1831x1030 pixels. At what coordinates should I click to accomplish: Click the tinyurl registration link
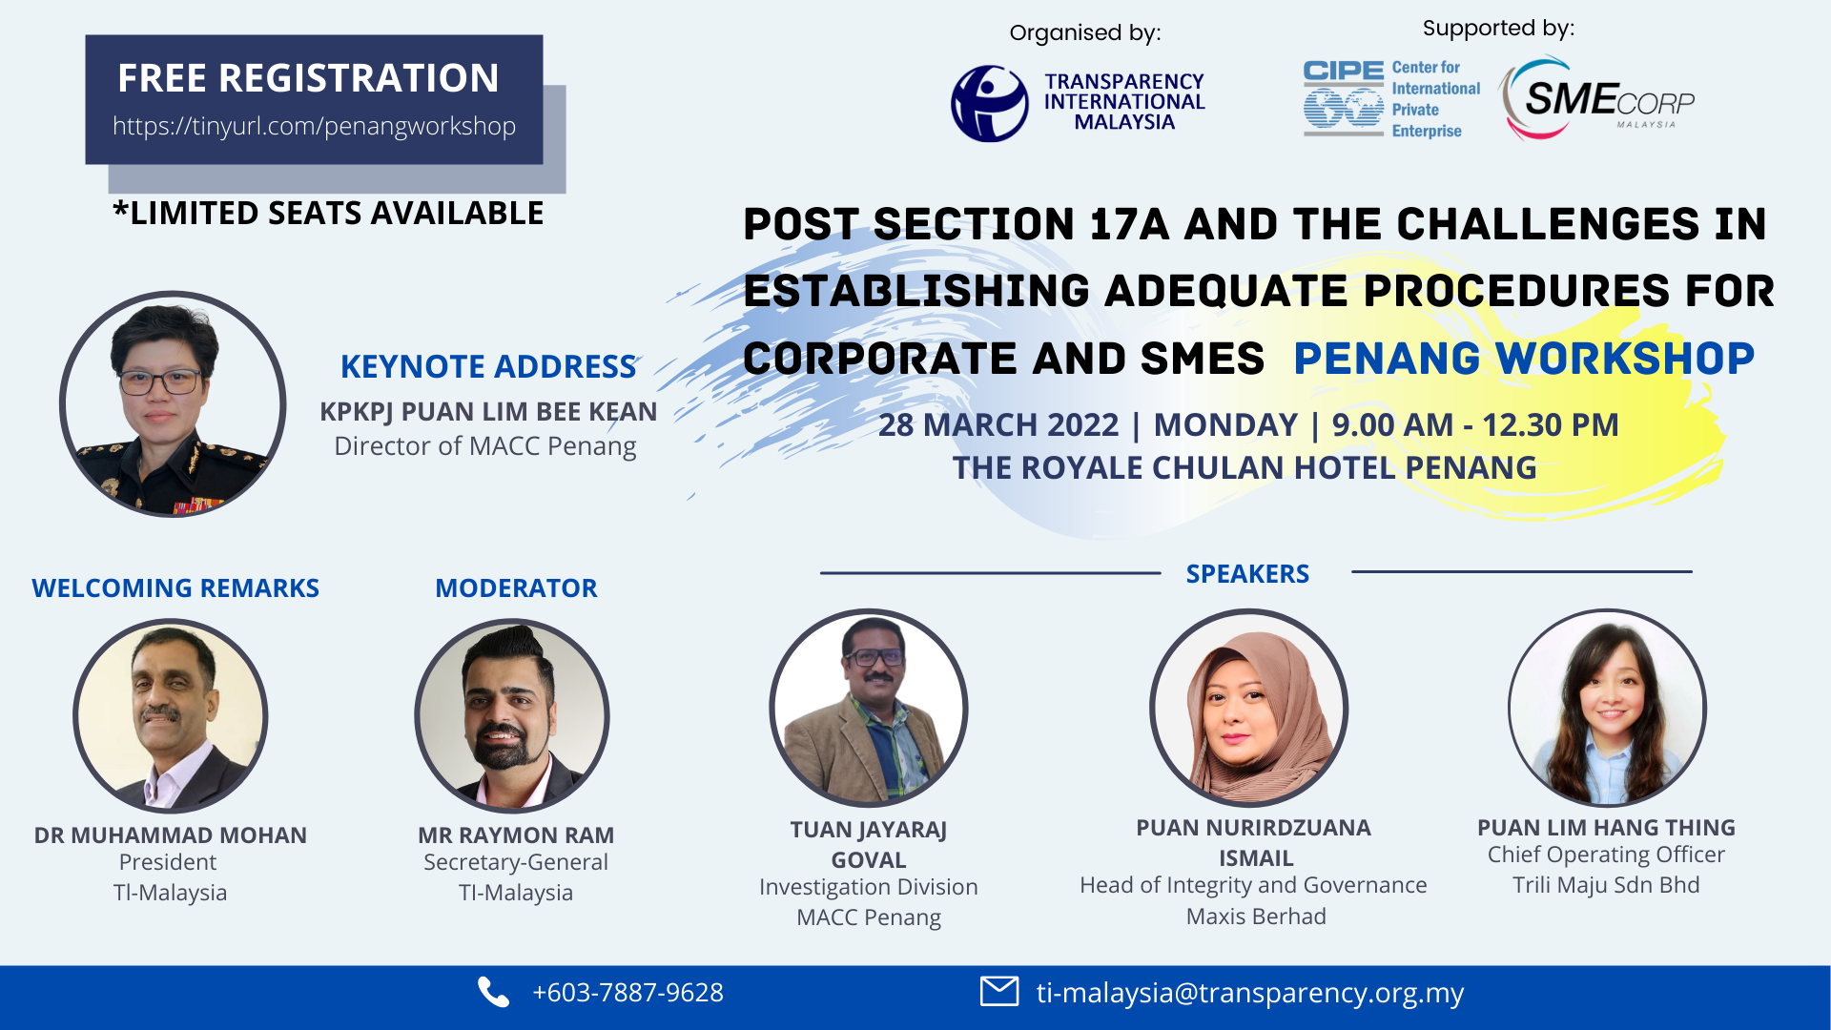(314, 126)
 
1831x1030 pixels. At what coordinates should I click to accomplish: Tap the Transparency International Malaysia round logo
(990, 103)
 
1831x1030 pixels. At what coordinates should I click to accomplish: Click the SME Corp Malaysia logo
(1598, 99)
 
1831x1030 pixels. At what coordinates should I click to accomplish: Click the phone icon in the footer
(493, 993)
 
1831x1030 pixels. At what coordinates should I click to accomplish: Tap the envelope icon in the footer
(998, 992)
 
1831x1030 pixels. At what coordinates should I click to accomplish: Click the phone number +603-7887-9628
(627, 993)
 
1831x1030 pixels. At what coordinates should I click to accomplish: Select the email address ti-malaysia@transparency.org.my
(1249, 993)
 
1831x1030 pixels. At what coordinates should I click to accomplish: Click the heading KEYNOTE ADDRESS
(488, 366)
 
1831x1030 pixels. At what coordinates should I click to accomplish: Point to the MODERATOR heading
(516, 588)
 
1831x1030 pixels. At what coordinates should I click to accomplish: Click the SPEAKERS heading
(1247, 574)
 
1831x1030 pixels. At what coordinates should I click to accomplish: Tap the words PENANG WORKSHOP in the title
(1523, 359)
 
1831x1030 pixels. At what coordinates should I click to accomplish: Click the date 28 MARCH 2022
(998, 425)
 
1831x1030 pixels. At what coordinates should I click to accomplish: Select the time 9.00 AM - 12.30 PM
(1474, 425)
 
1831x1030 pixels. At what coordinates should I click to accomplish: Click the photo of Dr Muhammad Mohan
(171, 715)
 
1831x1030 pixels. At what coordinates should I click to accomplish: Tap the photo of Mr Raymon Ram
(512, 715)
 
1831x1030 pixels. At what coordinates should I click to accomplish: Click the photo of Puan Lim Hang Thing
(1607, 708)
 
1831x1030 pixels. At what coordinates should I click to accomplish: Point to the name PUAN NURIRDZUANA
(1253, 828)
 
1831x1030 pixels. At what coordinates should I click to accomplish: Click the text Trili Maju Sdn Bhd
(1606, 885)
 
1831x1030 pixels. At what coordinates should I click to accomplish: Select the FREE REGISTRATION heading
(308, 78)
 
